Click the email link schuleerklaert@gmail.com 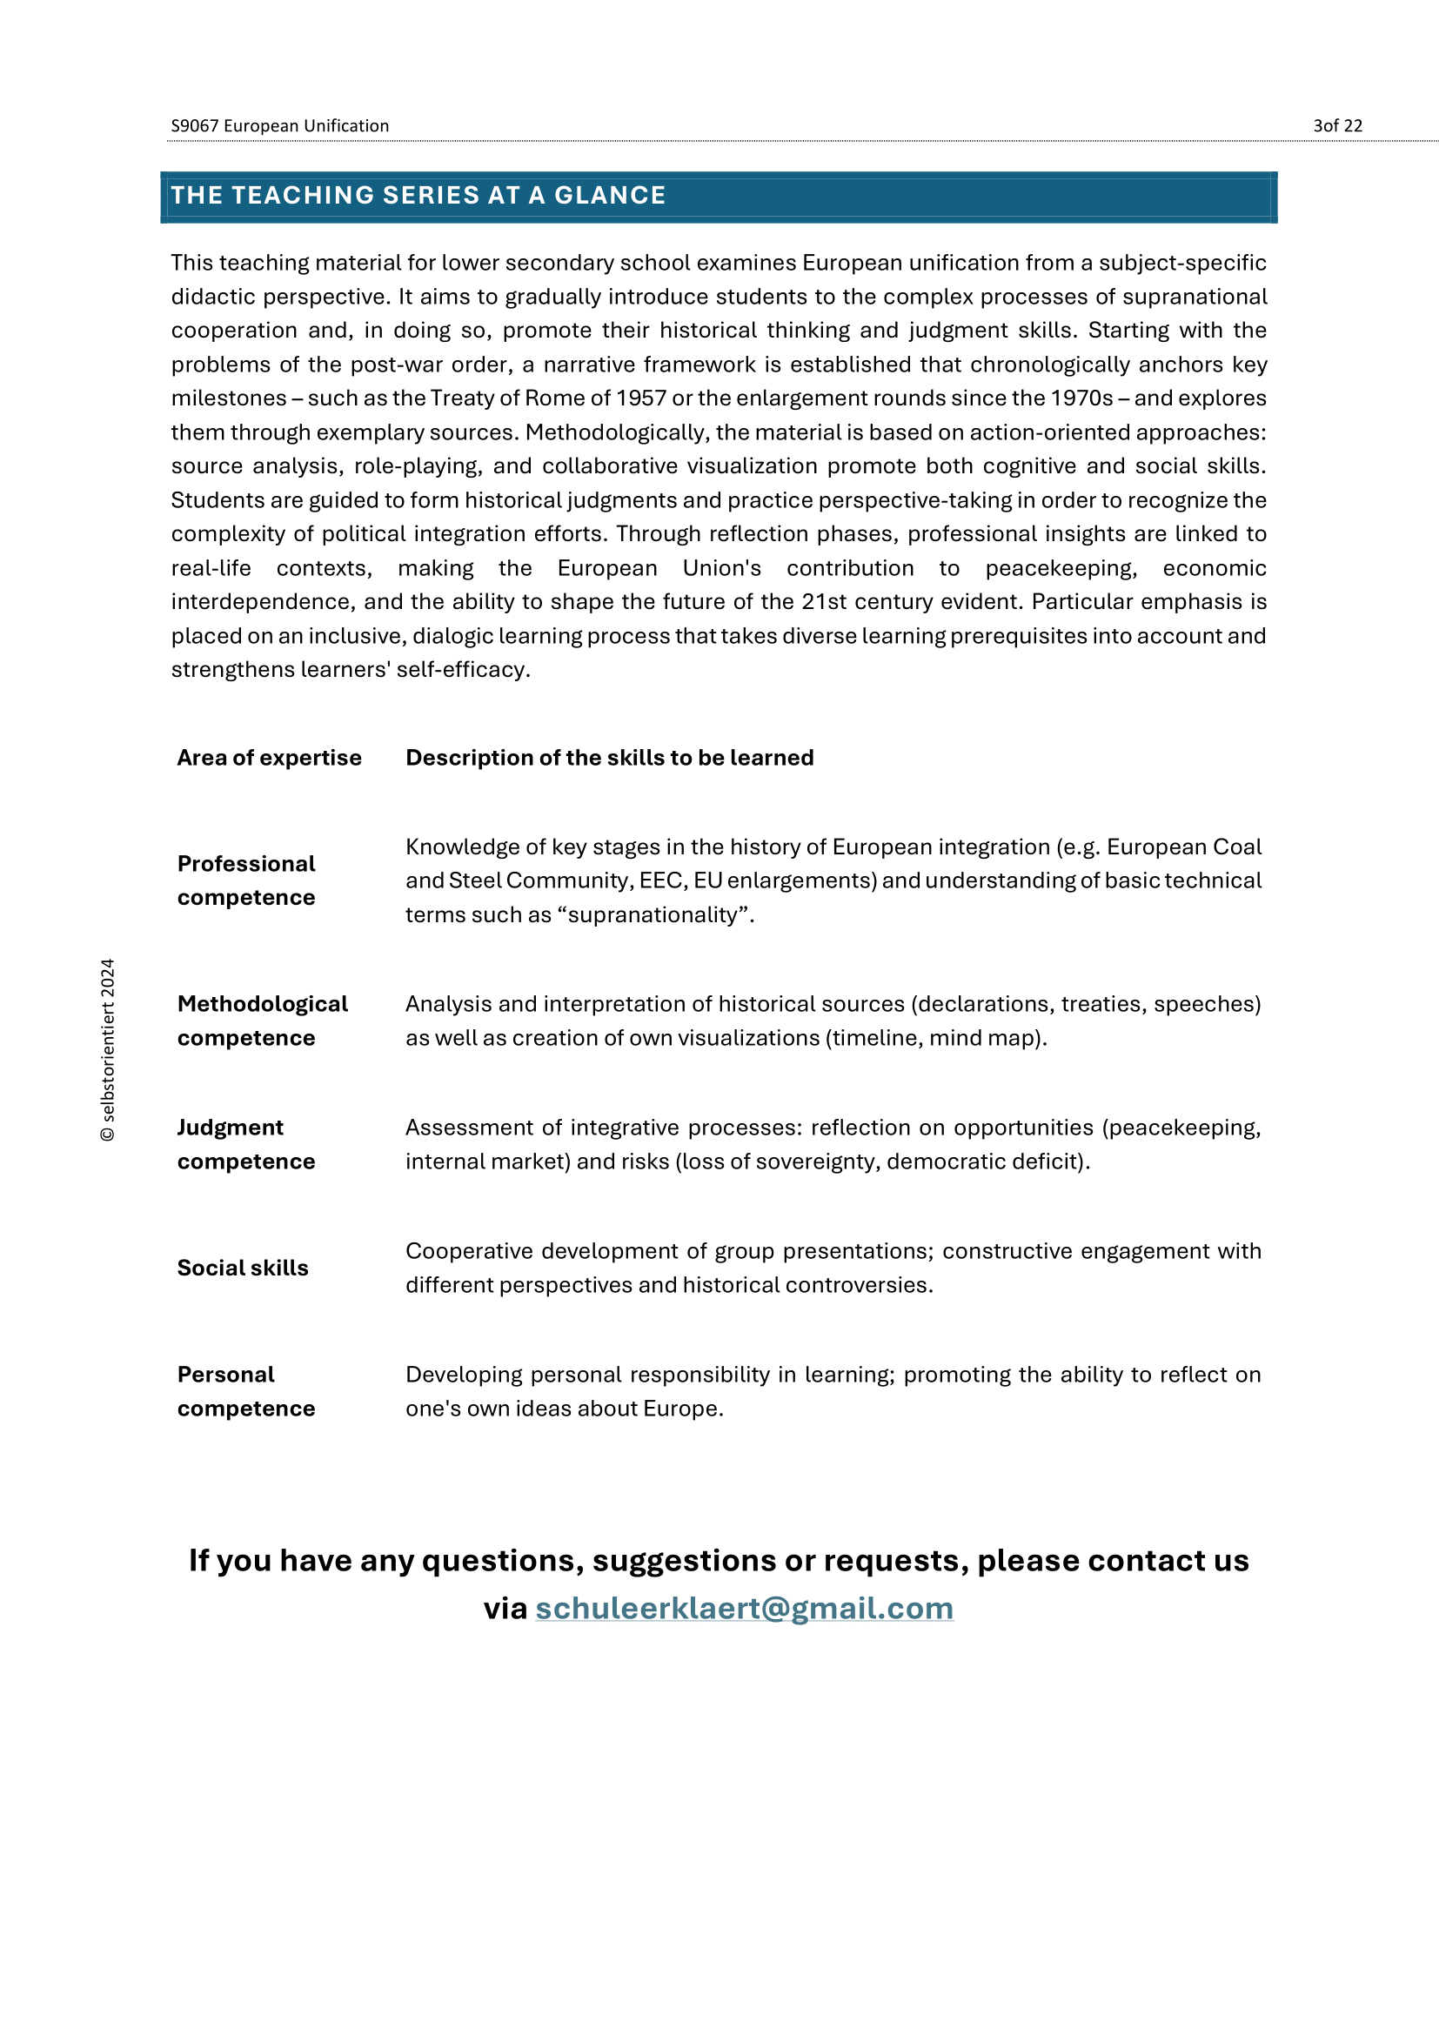point(745,1609)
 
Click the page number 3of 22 point(1337,126)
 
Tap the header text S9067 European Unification point(280,126)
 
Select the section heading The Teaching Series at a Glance point(418,195)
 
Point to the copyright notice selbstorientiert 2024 point(108,1049)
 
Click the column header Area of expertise point(270,758)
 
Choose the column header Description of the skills point(610,758)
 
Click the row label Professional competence point(246,880)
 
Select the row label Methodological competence point(262,1021)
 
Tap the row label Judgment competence point(246,1144)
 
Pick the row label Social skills point(243,1268)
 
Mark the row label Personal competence point(246,1391)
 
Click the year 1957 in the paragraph point(640,398)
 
